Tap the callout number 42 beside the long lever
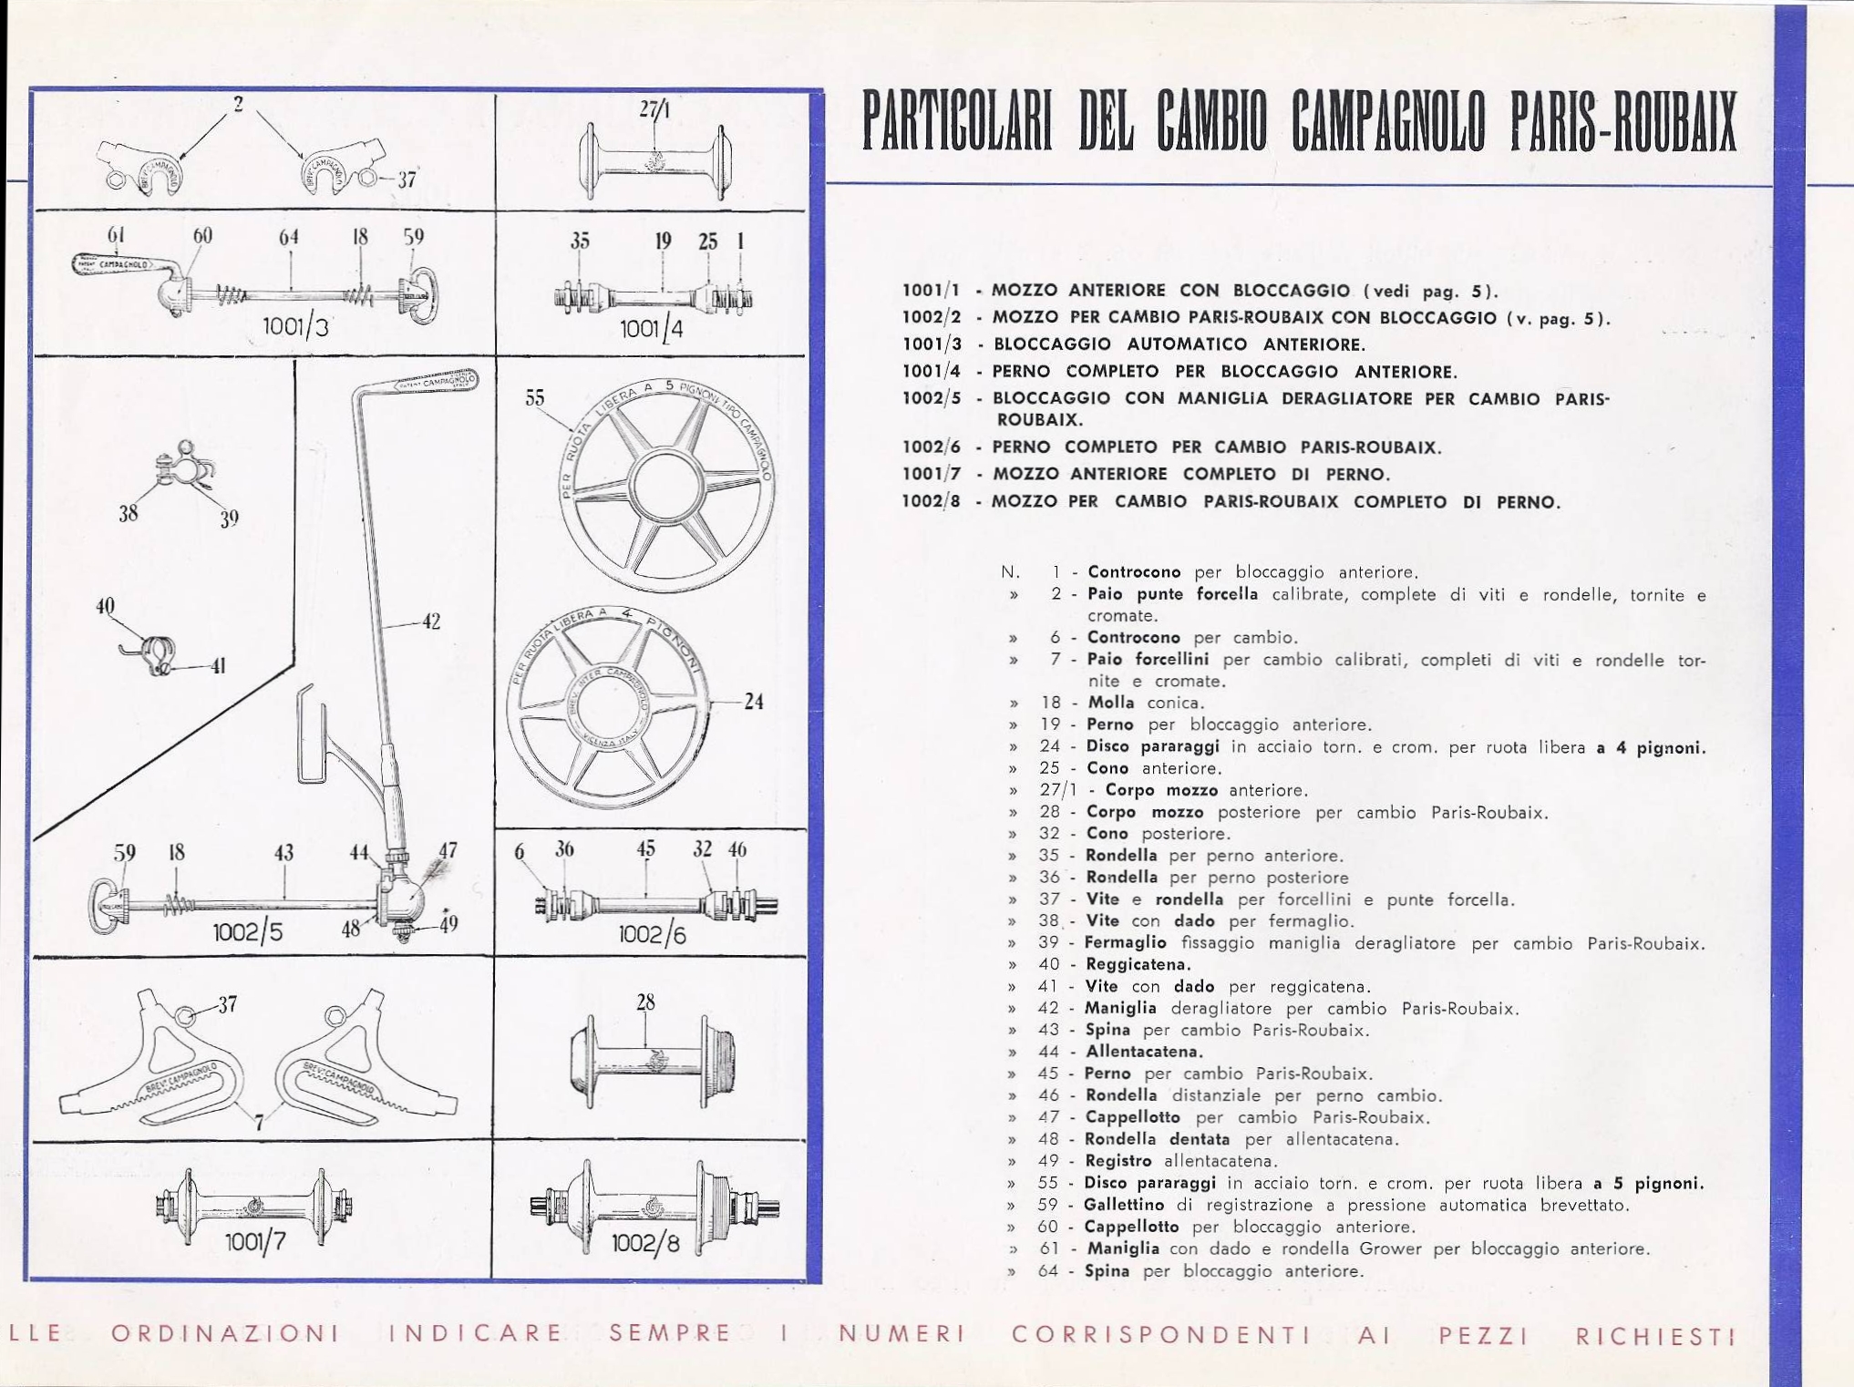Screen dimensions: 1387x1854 [431, 622]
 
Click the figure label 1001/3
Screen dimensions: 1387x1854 [294, 325]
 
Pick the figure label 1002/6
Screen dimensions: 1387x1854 [652, 934]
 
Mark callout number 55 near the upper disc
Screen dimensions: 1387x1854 [535, 398]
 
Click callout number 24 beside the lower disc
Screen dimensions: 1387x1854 [754, 702]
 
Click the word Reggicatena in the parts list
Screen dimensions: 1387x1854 [1138, 964]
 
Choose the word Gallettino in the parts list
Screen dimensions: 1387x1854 [1123, 1205]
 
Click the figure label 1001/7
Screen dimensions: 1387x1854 [255, 1242]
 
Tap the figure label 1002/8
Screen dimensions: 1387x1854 [645, 1243]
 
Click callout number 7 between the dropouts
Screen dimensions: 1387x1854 [260, 1123]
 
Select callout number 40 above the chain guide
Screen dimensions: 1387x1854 [106, 606]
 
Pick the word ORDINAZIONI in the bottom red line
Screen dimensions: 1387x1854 [225, 1333]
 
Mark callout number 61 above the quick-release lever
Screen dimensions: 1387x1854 [116, 235]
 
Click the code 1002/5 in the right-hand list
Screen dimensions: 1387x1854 [931, 398]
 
